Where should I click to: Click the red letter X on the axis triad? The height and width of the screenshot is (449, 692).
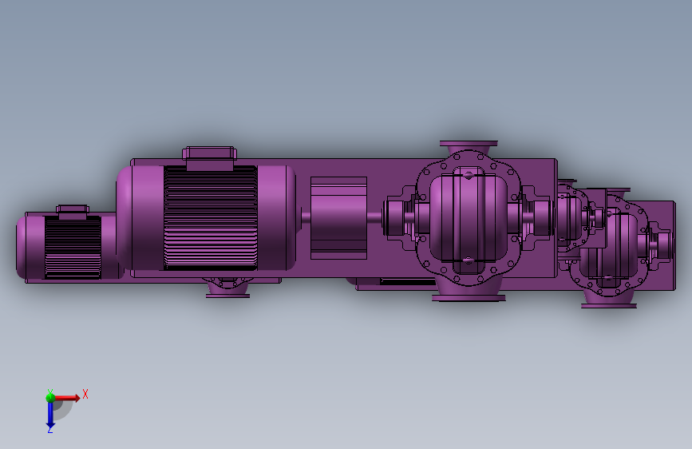85,394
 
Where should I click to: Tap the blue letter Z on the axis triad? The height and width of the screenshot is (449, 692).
50,429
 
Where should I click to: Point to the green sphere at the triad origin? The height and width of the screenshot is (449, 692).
50,398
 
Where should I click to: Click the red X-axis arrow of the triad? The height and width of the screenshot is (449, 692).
67,398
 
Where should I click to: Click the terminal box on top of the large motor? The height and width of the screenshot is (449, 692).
210,158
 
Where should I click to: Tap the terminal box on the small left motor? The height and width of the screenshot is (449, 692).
73,213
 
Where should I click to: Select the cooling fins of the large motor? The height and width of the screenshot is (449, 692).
210,218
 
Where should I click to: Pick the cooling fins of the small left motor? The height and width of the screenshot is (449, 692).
73,247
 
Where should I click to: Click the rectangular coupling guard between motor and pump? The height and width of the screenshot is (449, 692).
338,218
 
